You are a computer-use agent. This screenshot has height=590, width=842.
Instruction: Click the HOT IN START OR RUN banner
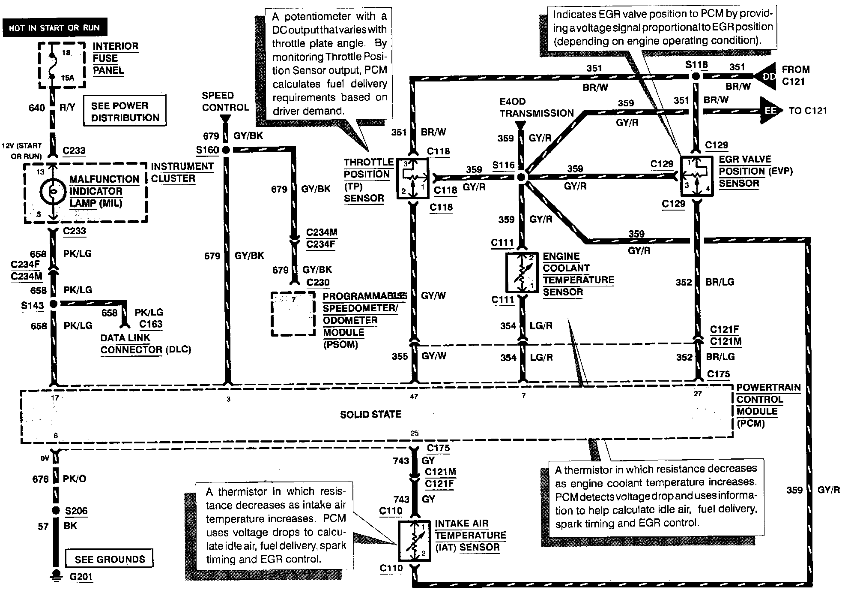click(54, 28)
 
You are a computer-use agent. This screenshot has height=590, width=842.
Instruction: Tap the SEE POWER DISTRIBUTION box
click(125, 111)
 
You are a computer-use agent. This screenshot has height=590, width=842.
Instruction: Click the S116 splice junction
click(521, 177)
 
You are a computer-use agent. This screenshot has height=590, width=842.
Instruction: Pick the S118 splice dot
click(696, 76)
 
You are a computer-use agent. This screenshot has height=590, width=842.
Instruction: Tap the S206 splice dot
click(55, 511)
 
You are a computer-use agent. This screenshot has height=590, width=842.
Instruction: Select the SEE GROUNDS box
click(109, 559)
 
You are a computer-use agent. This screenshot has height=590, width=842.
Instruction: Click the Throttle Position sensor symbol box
click(412, 178)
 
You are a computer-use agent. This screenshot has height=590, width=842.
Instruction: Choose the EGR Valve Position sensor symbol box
click(697, 176)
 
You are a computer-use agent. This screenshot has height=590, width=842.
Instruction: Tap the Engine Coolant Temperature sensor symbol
click(522, 272)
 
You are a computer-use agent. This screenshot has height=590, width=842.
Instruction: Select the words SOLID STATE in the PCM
click(371, 415)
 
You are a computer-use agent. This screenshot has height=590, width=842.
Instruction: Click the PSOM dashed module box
click(294, 314)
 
